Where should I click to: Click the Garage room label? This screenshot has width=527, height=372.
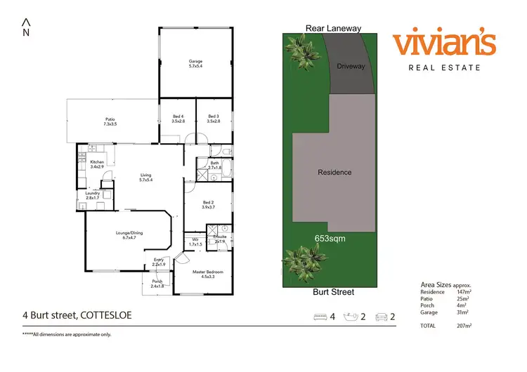pos(195,62)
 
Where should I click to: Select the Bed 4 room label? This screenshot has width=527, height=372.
pos(178,117)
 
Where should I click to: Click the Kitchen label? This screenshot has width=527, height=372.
pos(97,162)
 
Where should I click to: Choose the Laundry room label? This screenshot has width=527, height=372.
pos(92,193)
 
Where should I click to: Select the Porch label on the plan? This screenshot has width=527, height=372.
pos(157,281)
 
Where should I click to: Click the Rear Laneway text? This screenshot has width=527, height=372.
pos(333,29)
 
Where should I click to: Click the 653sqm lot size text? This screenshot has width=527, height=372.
pos(330,239)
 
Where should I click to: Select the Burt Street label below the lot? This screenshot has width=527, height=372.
pos(334,292)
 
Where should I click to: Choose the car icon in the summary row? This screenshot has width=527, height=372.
pos(382,317)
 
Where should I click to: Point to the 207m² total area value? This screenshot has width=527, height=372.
pos(465,326)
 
